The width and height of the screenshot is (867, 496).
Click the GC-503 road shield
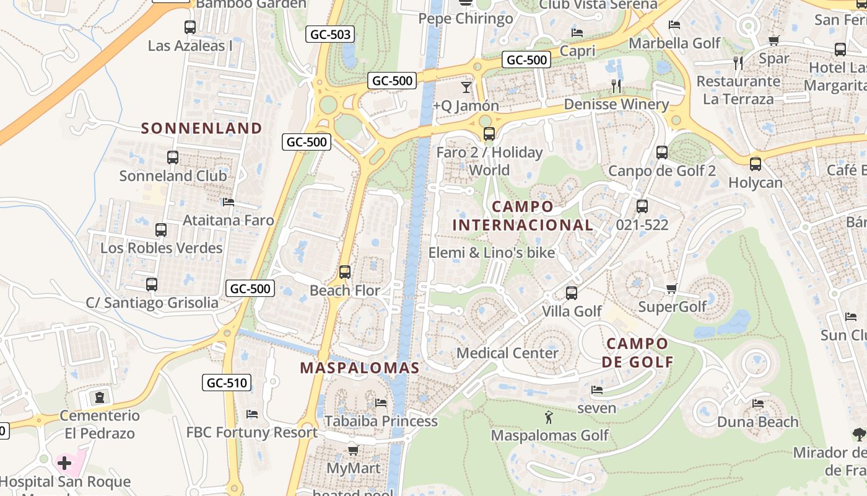pos(330,34)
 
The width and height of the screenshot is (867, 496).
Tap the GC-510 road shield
pos(227,383)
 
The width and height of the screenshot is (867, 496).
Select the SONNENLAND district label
pos(201,128)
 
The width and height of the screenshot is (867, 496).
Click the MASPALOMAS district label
pos(360,368)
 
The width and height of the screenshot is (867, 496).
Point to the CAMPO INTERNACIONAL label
pos(522,216)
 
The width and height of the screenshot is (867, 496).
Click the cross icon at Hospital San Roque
pos(64,463)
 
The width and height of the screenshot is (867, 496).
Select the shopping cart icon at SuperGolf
pos(672,288)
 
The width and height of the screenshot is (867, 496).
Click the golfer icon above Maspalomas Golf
pos(549,417)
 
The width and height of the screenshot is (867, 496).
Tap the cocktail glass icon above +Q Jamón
pos(466,87)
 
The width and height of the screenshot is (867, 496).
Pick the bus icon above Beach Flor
pos(345,272)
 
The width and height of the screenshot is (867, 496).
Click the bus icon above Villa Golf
pos(572,293)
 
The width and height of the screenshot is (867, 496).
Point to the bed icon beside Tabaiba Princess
pos(381,403)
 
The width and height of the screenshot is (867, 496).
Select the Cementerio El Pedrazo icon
pos(100,396)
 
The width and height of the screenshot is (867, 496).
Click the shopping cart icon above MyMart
pos(353,450)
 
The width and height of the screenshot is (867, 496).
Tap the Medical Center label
pos(507,353)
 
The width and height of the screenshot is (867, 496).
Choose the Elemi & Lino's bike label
pos(492,253)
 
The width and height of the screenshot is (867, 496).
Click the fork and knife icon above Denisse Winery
pos(616,86)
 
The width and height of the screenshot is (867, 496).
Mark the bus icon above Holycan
pos(756,164)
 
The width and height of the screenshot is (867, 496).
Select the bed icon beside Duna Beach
pos(758,404)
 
